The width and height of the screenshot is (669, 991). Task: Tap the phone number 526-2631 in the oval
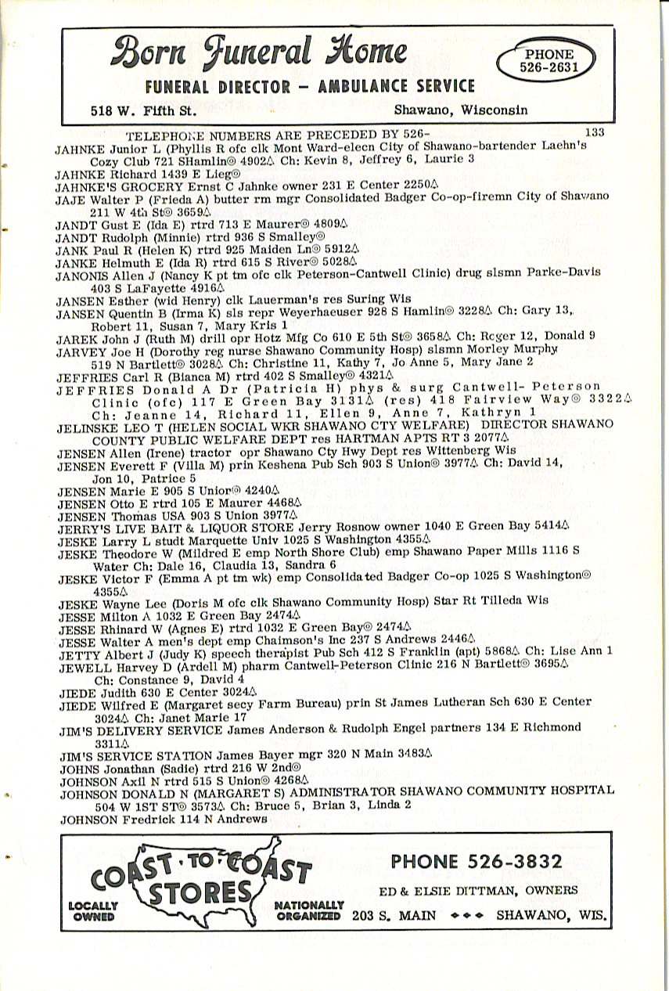(548, 62)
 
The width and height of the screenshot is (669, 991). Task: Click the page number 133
(594, 132)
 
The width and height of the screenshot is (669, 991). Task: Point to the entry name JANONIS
(82, 272)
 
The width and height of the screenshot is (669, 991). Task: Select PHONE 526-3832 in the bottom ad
(476, 862)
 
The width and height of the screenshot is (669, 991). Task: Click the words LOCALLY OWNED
(92, 911)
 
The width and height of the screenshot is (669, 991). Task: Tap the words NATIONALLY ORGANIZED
(309, 910)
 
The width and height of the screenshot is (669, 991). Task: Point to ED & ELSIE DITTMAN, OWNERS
(479, 890)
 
